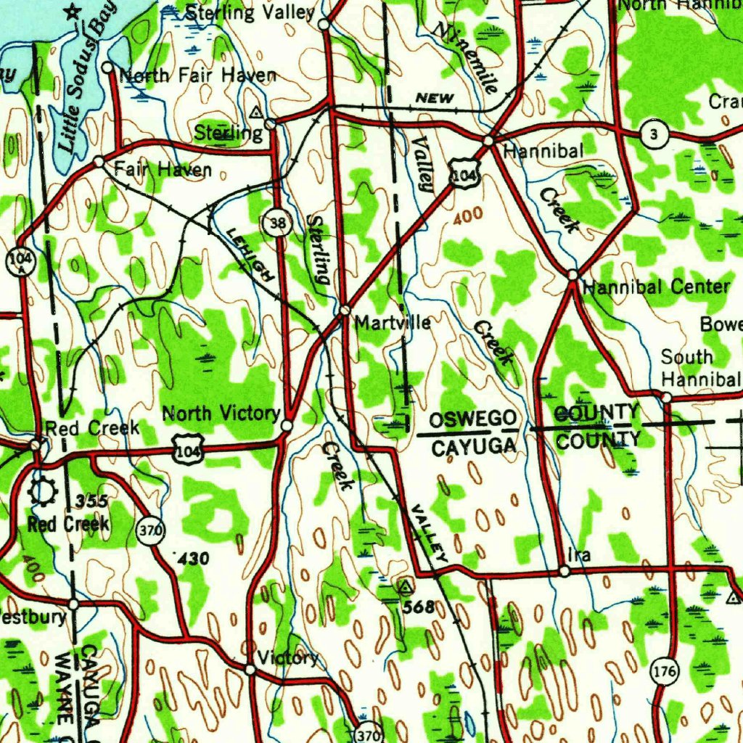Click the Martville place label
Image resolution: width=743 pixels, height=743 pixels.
pyautogui.click(x=393, y=321)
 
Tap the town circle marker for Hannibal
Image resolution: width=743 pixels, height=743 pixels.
pyautogui.click(x=489, y=141)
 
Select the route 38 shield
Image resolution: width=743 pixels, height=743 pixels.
pyautogui.click(x=277, y=223)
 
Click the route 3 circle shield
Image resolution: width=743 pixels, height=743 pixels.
pyautogui.click(x=654, y=134)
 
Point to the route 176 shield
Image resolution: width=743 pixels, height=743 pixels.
pyautogui.click(x=665, y=672)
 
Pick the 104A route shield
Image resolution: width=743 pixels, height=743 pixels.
pyautogui.click(x=19, y=260)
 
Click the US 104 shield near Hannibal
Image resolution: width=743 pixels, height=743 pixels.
pyautogui.click(x=463, y=174)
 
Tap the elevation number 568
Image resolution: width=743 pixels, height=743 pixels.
pyautogui.click(x=420, y=607)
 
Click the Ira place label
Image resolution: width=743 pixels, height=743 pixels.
pyautogui.click(x=579, y=555)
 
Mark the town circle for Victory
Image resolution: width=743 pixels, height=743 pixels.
pyautogui.click(x=250, y=669)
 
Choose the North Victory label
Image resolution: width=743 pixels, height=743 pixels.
pyautogui.click(x=221, y=414)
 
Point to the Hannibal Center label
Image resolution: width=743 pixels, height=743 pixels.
pyautogui.click(x=656, y=286)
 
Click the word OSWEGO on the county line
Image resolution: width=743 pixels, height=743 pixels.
pyautogui.click(x=474, y=419)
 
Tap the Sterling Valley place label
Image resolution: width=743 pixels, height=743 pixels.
pyautogui.click(x=250, y=12)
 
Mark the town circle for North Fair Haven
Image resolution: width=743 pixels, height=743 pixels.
pyautogui.click(x=107, y=68)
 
